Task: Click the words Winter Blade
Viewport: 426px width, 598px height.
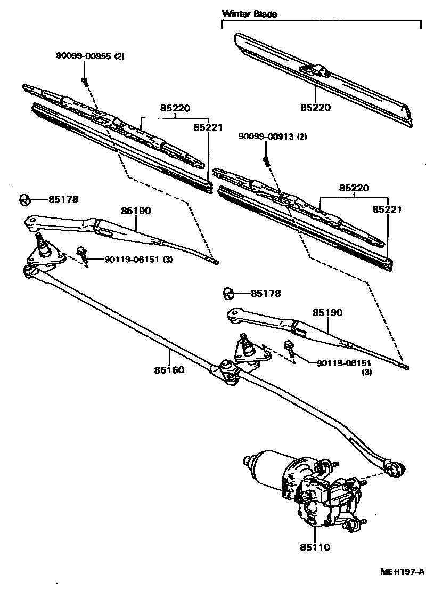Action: pos(249,14)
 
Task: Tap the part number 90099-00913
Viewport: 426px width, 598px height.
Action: pos(267,137)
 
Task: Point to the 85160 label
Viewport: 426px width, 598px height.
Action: pos(170,369)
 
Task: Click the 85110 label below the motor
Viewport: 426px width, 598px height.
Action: pos(315,547)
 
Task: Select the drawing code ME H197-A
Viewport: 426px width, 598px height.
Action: pos(402,572)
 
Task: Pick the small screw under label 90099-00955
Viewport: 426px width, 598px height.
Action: pos(84,80)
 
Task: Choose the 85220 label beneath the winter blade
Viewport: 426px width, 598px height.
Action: pos(315,108)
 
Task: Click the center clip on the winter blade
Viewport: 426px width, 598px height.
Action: pos(314,69)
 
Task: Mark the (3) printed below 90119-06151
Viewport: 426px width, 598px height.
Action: pos(367,372)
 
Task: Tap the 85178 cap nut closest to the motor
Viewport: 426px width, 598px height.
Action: pos(228,293)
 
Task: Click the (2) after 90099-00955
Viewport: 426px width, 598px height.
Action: pos(118,56)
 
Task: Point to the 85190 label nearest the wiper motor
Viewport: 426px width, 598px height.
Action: pos(327,312)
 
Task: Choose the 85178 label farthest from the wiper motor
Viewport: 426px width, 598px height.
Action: pos(63,199)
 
